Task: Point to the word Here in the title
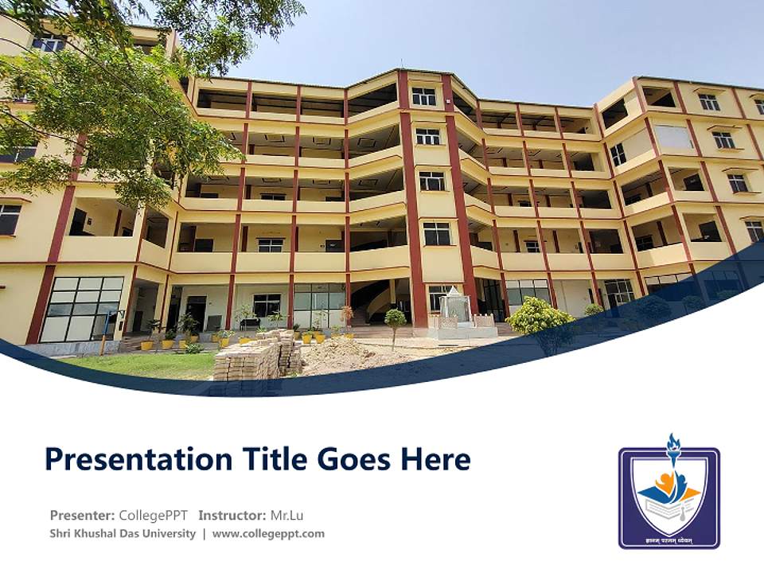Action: [435, 459]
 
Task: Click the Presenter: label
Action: [82, 515]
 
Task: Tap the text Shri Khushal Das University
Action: [123, 533]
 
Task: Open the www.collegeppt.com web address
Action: [268, 533]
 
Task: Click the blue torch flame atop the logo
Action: [673, 445]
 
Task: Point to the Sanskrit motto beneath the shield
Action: [668, 540]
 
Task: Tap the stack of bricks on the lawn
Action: [256, 357]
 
